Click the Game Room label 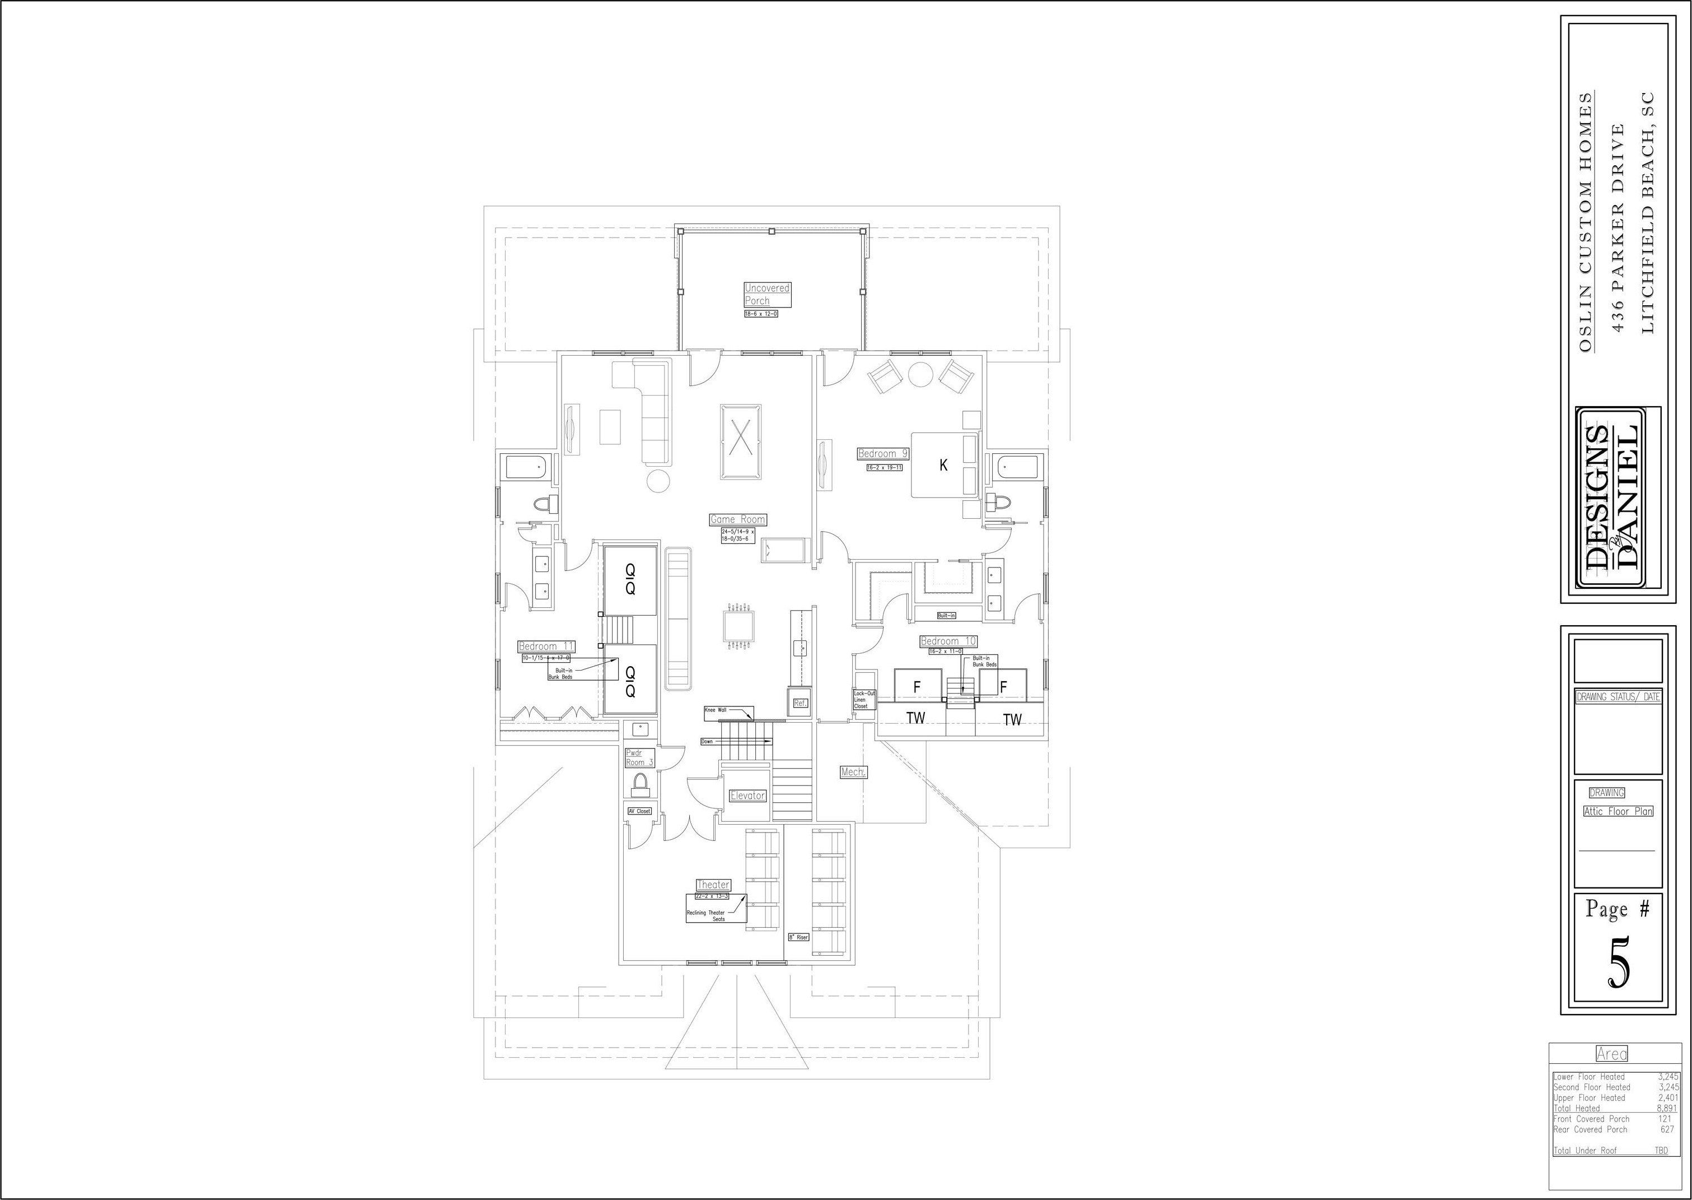coord(737,519)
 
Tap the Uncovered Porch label coord(766,294)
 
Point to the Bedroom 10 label coord(948,641)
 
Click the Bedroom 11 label coord(546,646)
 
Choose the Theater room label coord(713,885)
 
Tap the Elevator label coord(747,796)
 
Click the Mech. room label coord(853,772)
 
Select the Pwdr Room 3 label coord(639,757)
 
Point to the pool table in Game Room coord(741,431)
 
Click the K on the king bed coord(943,466)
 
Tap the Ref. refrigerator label coord(801,704)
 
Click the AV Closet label coord(639,811)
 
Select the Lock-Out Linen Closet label coord(864,700)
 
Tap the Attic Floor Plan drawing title coord(1618,811)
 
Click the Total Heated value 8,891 coord(1667,1108)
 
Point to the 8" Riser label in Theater coord(798,937)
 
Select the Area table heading coord(1611,1054)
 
